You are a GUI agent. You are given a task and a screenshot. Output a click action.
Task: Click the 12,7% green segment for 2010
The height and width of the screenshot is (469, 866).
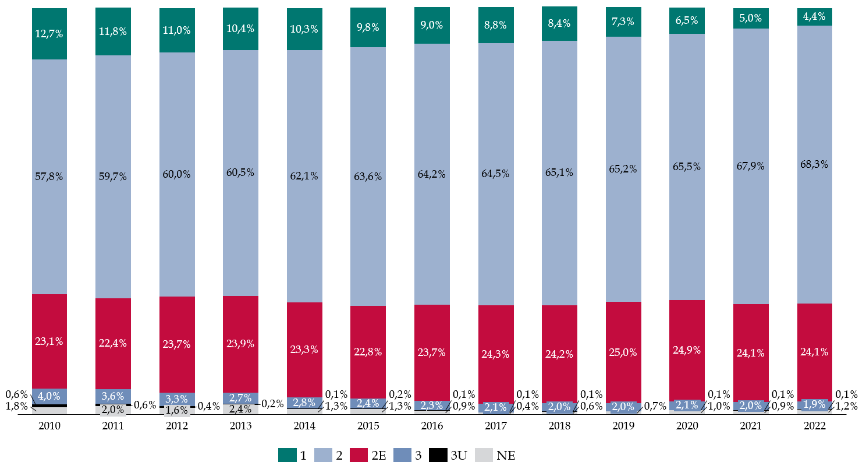tap(49, 34)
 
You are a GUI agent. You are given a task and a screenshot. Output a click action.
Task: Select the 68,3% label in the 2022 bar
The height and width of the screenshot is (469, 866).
tap(814, 164)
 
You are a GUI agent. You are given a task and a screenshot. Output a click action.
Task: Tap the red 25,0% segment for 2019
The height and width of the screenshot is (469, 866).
tap(623, 352)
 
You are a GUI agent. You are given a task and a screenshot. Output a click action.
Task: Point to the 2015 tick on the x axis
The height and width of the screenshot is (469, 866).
tap(368, 426)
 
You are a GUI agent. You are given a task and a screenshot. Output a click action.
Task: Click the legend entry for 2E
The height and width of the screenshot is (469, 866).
tap(367, 456)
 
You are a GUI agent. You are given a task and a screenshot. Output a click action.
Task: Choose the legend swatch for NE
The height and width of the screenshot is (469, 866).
tap(484, 456)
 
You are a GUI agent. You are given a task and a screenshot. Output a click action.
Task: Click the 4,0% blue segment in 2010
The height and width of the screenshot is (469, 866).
tap(49, 396)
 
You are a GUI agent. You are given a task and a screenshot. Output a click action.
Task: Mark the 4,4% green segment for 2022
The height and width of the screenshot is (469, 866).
tap(814, 17)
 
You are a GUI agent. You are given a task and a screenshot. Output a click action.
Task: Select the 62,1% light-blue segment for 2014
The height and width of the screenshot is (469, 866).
tap(304, 176)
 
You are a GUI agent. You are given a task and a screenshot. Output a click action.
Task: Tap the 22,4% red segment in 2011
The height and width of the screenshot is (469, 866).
tap(113, 343)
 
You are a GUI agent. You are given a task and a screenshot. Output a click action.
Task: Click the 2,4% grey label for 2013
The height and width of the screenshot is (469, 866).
tap(240, 409)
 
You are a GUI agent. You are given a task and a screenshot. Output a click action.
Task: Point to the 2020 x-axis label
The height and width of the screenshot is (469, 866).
tap(687, 426)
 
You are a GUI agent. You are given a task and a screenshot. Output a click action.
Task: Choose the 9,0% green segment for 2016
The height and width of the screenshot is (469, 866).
tap(432, 26)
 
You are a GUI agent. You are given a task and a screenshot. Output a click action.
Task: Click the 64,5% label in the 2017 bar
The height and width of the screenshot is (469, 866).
tap(496, 173)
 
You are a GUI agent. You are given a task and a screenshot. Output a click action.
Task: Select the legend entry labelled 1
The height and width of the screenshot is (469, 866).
tap(293, 456)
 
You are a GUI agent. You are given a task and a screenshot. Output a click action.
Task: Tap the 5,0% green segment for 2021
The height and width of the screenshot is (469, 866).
tap(751, 18)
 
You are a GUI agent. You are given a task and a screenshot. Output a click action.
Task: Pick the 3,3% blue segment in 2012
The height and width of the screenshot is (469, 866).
tap(177, 399)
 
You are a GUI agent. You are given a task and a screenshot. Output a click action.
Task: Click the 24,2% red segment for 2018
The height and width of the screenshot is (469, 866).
tap(559, 354)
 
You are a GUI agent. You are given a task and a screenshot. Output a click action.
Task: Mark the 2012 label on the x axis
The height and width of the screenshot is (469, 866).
tap(177, 426)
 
